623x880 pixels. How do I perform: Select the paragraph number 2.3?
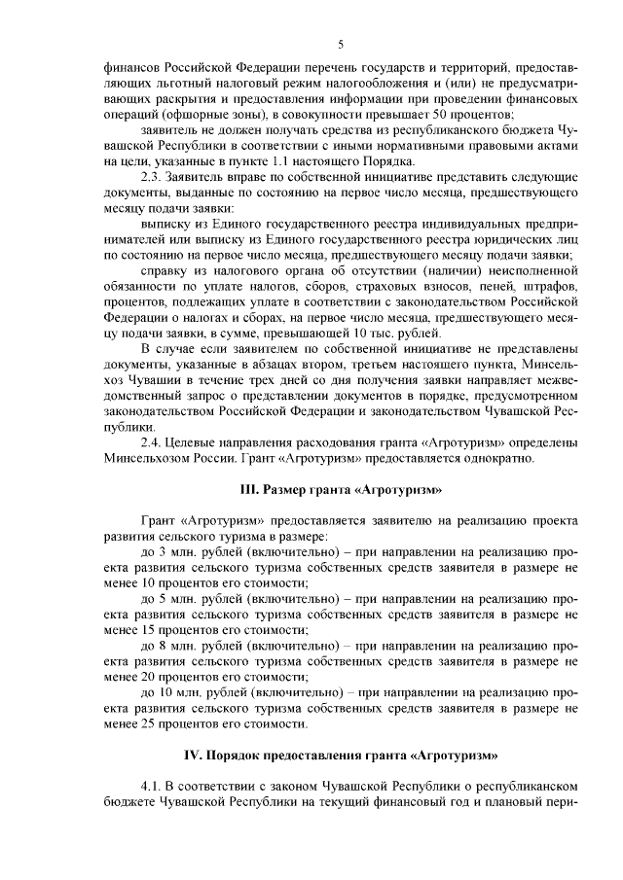154,177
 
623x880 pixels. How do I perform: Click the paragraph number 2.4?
154,442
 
